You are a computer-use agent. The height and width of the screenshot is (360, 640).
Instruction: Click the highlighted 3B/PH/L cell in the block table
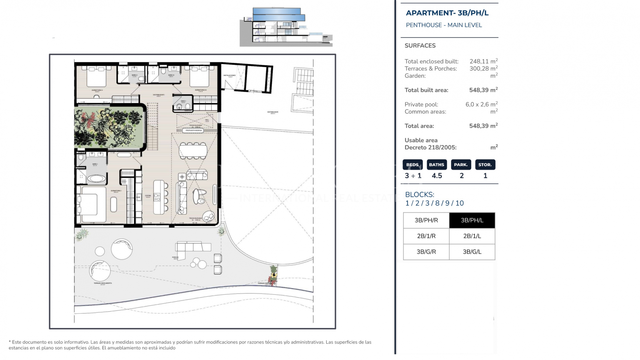tap(472, 220)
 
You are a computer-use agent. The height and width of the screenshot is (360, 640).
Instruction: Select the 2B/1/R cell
tap(426, 236)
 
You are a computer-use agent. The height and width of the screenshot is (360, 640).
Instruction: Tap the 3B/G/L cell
tap(472, 252)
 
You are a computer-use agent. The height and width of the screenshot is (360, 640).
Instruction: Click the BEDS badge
tap(412, 165)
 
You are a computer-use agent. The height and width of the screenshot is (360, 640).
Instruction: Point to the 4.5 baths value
tap(437, 176)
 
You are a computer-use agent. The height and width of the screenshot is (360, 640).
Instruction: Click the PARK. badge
tap(461, 165)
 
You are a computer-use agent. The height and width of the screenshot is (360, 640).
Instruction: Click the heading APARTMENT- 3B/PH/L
tap(447, 13)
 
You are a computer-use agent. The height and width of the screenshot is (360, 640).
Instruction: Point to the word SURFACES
tap(420, 46)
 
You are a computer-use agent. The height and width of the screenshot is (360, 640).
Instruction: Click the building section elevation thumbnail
tap(286, 27)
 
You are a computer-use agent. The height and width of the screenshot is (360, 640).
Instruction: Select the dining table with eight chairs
tap(193, 151)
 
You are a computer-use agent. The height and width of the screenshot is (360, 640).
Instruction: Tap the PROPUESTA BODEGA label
tap(194, 131)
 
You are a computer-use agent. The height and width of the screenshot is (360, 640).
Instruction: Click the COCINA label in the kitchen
tap(148, 196)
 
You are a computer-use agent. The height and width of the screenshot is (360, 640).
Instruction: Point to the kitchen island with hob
tap(159, 197)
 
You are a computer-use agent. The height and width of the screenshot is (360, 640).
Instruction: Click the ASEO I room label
tap(183, 101)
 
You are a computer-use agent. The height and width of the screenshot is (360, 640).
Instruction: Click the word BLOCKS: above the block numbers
tap(419, 195)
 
